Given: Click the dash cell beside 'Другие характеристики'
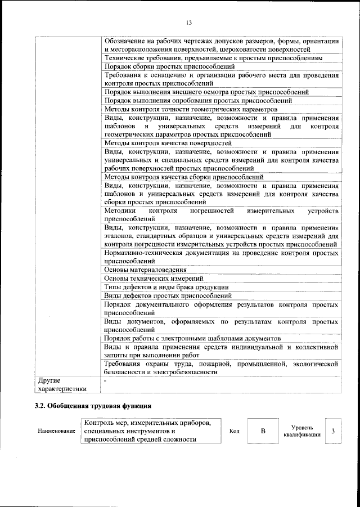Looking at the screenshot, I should tap(220, 384).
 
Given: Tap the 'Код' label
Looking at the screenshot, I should tap(235, 431).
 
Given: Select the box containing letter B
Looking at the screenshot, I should tap(263, 431).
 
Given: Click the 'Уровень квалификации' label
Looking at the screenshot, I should tap(302, 431).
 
